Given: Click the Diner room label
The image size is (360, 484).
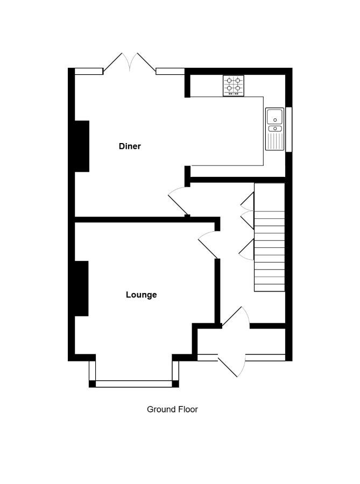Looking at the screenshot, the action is pos(130,146).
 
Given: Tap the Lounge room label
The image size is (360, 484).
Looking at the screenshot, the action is pos(141,295).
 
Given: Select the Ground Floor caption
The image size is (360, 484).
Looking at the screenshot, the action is pos(172,409).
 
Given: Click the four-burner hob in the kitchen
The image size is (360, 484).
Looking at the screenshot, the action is pos(234,86).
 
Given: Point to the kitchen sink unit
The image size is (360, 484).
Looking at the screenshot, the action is pos(274,129).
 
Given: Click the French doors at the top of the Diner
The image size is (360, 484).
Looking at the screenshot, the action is pos(130,63).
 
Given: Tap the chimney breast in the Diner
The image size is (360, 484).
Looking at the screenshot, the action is pos(82,146).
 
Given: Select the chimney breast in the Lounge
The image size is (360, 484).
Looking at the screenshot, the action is pos(81,288).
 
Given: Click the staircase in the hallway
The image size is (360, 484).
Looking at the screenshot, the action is pos(269,237).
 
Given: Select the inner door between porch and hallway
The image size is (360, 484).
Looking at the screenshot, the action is pos(236,317).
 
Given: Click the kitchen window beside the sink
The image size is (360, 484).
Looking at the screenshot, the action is pos(288,129).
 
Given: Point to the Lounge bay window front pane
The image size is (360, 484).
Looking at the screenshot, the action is pos(133,383).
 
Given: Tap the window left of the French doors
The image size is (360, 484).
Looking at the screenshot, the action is pos(89,72).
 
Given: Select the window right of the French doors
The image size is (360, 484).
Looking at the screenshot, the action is pos(170,72).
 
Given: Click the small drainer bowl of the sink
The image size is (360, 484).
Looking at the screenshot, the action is pos(275,129).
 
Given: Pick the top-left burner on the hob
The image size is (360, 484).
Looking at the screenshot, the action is pos(229,81).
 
